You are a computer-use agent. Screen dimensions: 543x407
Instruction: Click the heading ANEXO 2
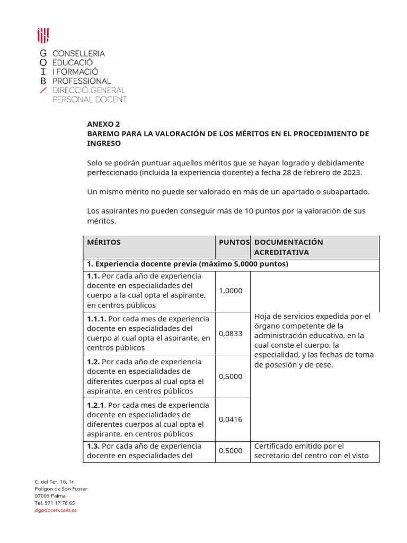click(104, 124)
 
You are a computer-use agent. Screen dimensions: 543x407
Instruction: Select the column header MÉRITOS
click(104, 242)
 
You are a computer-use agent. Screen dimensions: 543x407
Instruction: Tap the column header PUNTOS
click(234, 242)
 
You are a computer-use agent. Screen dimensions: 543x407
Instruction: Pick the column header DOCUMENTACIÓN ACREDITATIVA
click(288, 247)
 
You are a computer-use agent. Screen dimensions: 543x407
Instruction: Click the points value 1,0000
click(231, 291)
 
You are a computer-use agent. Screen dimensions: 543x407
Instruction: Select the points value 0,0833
click(231, 334)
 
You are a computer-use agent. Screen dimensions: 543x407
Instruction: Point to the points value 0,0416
click(231, 419)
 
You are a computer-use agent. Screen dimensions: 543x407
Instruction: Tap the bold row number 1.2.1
click(96, 405)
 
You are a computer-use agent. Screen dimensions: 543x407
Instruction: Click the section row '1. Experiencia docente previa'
click(187, 264)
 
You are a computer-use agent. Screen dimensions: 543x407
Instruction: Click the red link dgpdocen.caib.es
click(56, 510)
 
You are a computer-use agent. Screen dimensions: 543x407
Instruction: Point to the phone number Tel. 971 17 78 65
click(55, 503)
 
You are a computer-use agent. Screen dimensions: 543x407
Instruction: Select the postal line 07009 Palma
click(51, 496)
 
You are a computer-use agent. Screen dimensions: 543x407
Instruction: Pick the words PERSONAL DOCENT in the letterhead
click(89, 99)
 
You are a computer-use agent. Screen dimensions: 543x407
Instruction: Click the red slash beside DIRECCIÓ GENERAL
click(43, 90)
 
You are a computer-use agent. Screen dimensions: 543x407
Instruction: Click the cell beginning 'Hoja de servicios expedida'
click(314, 340)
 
